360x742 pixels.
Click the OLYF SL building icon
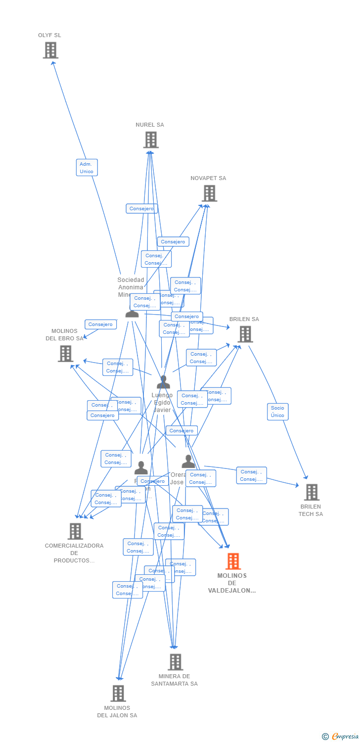[50, 50]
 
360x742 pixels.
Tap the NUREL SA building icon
[151, 139]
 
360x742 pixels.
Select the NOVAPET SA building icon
[209, 193]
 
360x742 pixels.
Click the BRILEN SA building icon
[245, 334]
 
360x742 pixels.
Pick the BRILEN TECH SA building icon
[311, 492]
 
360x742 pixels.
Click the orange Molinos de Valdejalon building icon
[233, 561]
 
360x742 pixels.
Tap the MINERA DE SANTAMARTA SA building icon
[175, 661]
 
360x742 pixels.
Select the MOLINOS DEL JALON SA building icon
[118, 693]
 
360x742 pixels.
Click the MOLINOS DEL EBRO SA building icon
[65, 353]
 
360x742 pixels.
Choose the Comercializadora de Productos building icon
[75, 531]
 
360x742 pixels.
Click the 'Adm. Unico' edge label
[87, 168]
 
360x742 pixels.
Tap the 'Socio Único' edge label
[277, 412]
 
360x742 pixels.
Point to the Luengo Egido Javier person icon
[163, 382]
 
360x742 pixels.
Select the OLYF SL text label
[49, 36]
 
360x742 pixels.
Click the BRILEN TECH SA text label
[311, 510]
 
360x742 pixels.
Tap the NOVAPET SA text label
[208, 178]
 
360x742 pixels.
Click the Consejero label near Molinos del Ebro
[100, 325]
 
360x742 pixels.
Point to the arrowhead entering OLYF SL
[52, 62]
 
